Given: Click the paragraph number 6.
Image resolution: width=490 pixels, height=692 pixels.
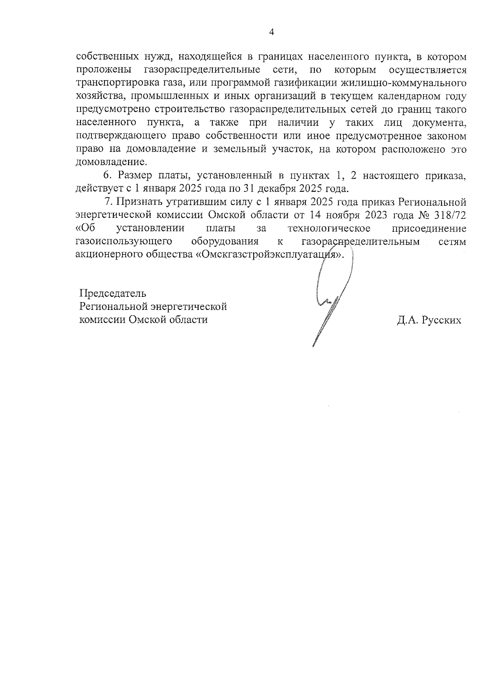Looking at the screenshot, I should (107, 176).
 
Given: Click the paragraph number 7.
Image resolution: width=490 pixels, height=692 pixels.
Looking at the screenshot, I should (108, 202).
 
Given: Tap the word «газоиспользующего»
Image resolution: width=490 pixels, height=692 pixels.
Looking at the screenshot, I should (123, 241).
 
